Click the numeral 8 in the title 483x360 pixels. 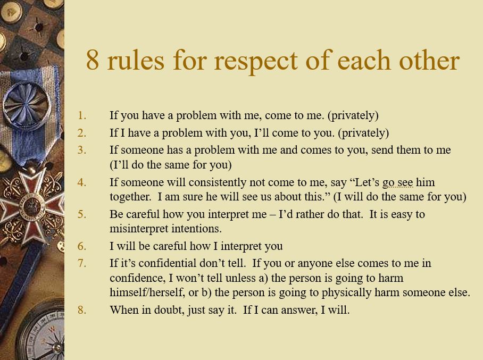click(x=93, y=60)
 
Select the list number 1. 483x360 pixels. click(x=81, y=115)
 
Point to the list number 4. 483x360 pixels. click(x=81, y=182)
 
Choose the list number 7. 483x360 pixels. click(x=81, y=263)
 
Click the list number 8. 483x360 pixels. click(x=81, y=310)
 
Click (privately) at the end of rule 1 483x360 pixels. click(x=353, y=116)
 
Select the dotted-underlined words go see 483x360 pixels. click(x=397, y=182)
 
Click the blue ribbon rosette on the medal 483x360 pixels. click(x=27, y=104)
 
